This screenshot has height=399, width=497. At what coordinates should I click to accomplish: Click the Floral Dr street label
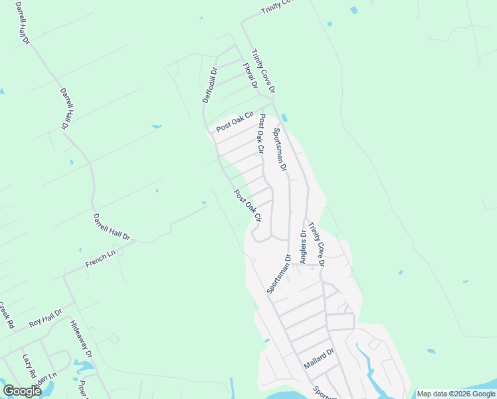[250, 76]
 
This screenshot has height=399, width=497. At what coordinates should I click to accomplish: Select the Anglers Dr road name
[303, 247]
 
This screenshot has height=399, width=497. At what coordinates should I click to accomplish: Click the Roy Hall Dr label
[45, 318]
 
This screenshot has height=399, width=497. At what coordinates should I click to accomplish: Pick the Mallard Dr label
[319, 358]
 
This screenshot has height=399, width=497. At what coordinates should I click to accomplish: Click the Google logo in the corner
[22, 390]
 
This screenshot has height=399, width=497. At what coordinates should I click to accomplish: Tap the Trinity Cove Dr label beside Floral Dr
[262, 71]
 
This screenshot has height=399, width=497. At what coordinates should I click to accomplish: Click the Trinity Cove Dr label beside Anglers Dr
[317, 245]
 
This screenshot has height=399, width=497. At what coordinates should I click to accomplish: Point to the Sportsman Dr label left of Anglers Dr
[279, 273]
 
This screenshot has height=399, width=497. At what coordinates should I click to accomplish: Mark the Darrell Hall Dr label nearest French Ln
[112, 227]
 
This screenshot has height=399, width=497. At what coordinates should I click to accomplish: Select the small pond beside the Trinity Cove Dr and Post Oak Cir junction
[284, 118]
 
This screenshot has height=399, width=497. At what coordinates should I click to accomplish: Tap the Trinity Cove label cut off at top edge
[276, 6]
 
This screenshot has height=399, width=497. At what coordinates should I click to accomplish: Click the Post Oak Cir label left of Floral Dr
[235, 122]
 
